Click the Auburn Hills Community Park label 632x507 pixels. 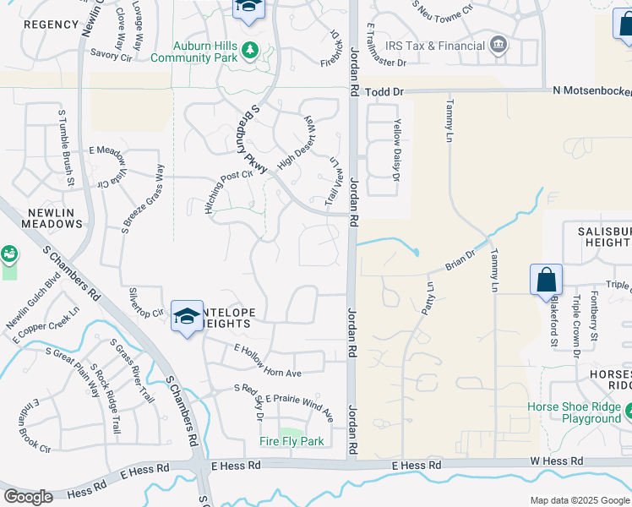click(x=192, y=51)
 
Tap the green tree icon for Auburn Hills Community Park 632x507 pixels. click(x=249, y=51)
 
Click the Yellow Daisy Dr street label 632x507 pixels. click(x=395, y=150)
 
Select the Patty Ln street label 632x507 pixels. click(x=428, y=299)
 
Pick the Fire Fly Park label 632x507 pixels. click(x=291, y=441)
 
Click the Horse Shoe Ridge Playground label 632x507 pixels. click(x=575, y=412)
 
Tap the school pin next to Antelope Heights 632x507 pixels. click(x=187, y=317)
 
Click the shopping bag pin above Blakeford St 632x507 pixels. click(x=547, y=280)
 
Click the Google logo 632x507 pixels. click(x=27, y=497)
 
